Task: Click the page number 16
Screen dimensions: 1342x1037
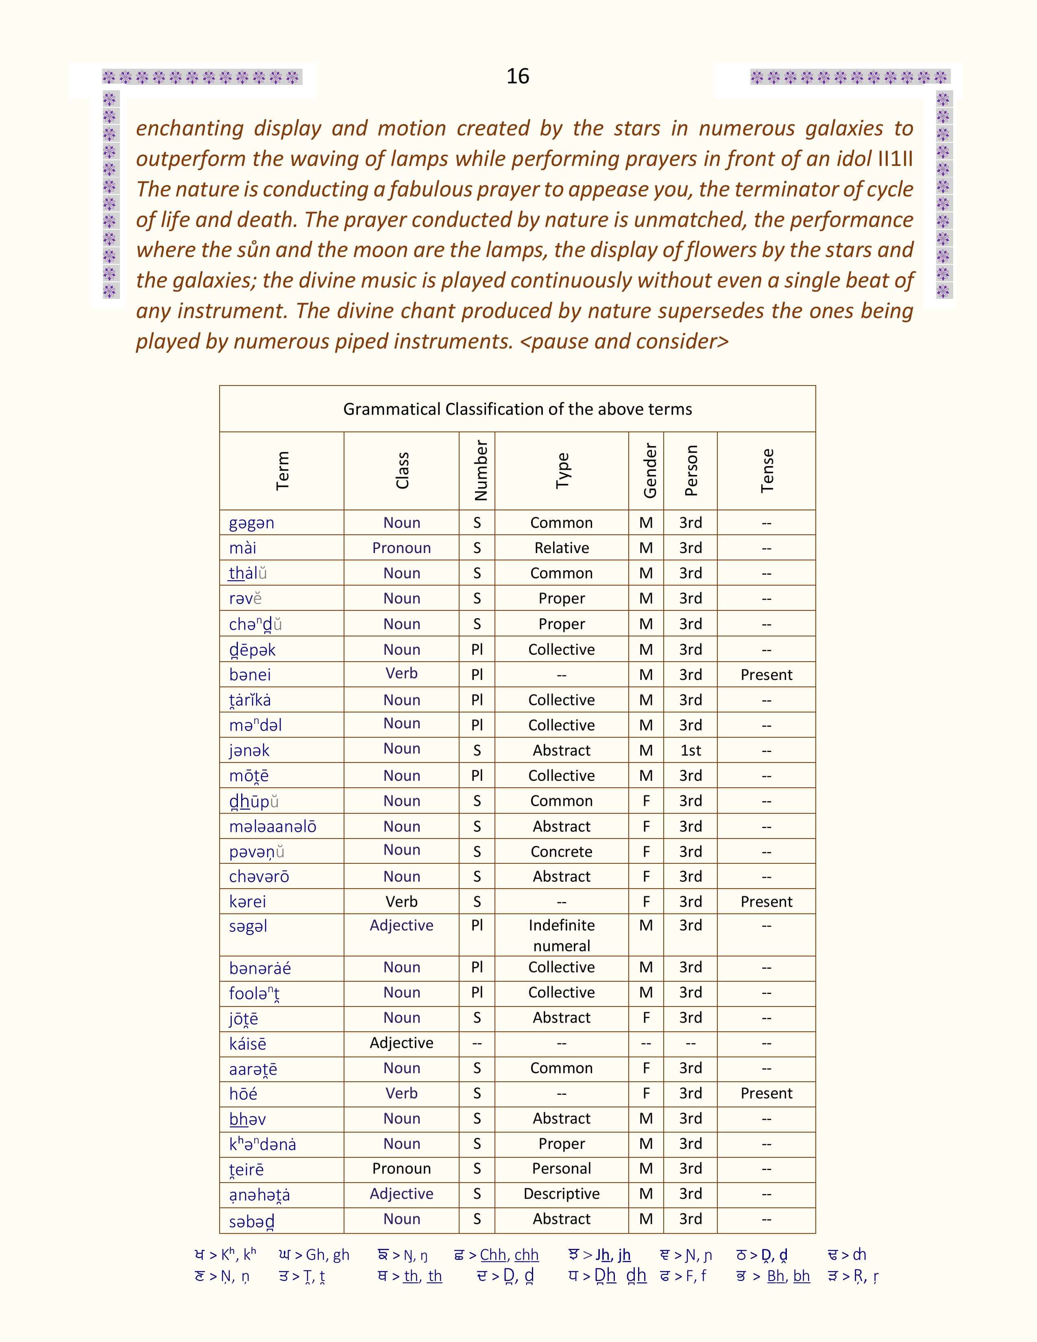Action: pyautogui.click(x=517, y=76)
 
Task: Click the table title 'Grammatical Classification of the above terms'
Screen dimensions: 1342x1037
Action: pyautogui.click(x=517, y=409)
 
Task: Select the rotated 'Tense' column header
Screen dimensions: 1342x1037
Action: pyautogui.click(x=767, y=471)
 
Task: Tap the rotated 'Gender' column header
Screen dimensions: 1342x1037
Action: pyautogui.click(x=649, y=471)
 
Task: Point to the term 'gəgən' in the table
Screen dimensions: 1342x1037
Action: pyautogui.click(x=251, y=523)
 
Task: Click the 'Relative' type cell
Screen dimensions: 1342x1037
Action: pyautogui.click(x=562, y=548)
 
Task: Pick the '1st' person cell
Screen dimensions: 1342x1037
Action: pyautogui.click(x=691, y=750)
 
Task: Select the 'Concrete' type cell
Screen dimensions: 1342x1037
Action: pyautogui.click(x=562, y=852)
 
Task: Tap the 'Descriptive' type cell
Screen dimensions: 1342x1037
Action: pyautogui.click(x=562, y=1194)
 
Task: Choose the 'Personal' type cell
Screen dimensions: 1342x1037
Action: pyautogui.click(x=562, y=1169)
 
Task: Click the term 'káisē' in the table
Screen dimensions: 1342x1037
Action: pyautogui.click(x=248, y=1044)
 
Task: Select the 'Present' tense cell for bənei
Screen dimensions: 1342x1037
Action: pyautogui.click(x=766, y=675)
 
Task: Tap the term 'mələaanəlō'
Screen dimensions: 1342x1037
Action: pyautogui.click(x=272, y=826)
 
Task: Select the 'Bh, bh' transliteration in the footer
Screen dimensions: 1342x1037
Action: pyautogui.click(x=788, y=1276)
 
